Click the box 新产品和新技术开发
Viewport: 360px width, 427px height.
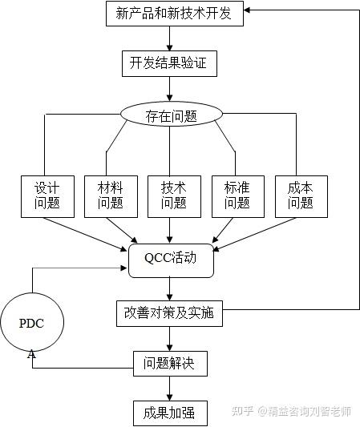coord(175,14)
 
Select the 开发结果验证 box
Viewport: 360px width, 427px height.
coord(168,63)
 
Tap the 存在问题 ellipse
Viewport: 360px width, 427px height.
coord(171,115)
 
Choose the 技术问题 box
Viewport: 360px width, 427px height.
coord(173,195)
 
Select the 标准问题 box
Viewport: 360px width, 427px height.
coord(237,195)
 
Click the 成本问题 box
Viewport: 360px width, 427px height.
coord(300,195)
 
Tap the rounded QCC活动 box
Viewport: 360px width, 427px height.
coord(170,260)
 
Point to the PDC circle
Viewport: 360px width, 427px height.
coord(32,323)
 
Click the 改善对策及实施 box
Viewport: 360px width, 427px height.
coord(169,312)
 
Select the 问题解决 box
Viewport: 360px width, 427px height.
coord(169,363)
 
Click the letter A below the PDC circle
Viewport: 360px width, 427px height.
coord(31,354)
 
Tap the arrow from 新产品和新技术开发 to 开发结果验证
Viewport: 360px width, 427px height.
coord(169,38)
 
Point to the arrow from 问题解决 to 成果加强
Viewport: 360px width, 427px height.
coord(169,388)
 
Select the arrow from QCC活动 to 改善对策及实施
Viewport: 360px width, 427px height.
coord(169,288)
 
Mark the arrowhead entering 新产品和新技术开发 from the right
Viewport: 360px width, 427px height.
coord(249,11)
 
